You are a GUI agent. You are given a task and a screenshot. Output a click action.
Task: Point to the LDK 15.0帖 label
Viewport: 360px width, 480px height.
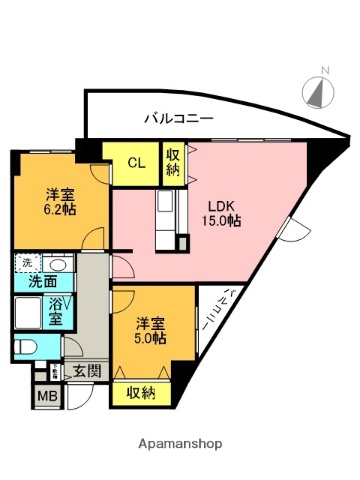point(221,212)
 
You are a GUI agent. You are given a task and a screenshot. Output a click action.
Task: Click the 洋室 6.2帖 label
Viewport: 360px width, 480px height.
point(59,203)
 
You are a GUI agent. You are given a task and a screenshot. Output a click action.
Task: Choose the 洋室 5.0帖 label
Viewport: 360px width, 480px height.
point(151,330)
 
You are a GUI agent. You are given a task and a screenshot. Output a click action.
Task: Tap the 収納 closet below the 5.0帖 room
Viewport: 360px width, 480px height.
point(141,393)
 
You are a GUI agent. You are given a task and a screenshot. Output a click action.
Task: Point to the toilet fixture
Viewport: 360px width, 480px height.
point(25,349)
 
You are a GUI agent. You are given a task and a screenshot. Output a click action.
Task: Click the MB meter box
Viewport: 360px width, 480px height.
point(47,397)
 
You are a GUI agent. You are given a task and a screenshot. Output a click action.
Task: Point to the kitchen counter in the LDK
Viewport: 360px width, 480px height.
point(167,219)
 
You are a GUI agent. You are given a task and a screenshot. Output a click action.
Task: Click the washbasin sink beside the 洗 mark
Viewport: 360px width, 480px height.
point(58,265)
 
